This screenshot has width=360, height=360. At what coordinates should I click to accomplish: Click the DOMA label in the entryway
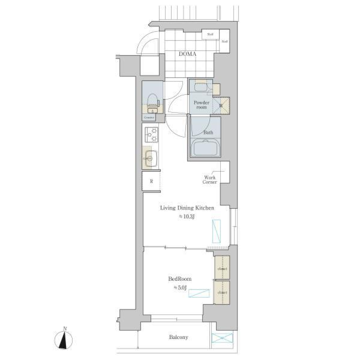pyautogui.click(x=187, y=54)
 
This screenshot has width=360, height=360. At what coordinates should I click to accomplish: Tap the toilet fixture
pyautogui.click(x=152, y=100)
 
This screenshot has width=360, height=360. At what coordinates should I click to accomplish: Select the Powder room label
pyautogui.click(x=200, y=105)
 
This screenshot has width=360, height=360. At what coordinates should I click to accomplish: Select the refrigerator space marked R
pyautogui.click(x=151, y=181)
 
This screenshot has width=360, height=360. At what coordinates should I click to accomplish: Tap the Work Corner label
pyautogui.click(x=209, y=180)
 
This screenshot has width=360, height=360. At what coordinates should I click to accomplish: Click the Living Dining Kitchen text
pyautogui.click(x=187, y=208)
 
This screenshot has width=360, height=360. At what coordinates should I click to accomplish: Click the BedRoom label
pyautogui.click(x=180, y=279)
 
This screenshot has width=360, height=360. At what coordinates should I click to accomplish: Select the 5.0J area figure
pyautogui.click(x=180, y=288)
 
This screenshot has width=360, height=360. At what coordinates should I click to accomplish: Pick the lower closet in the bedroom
pyautogui.click(x=222, y=292)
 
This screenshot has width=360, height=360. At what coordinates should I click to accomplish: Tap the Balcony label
pyautogui.click(x=178, y=337)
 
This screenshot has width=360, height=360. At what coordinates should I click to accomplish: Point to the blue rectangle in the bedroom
pyautogui.click(x=199, y=293)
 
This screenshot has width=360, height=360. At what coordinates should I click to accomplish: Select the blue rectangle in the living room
pyautogui.click(x=216, y=231)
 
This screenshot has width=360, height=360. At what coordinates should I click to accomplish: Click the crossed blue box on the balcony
pyautogui.click(x=223, y=338)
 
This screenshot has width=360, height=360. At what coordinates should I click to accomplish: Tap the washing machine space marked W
pyautogui.click(x=220, y=105)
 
